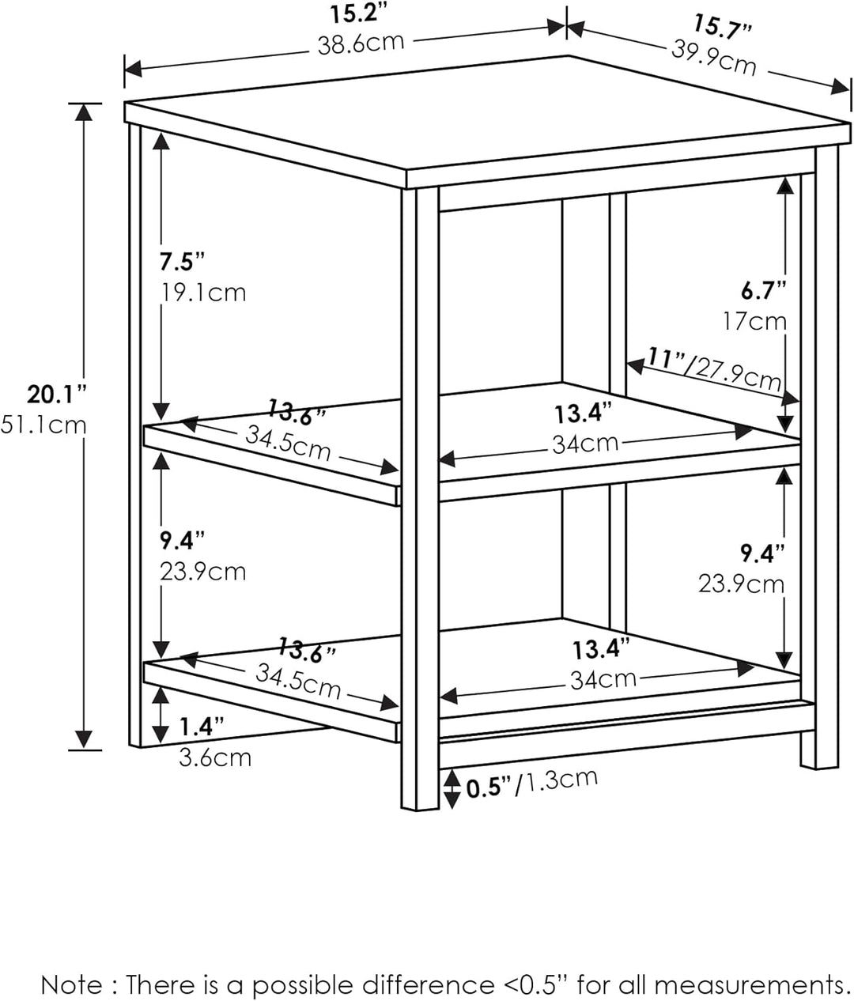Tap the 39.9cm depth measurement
(x=714, y=58)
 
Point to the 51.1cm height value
(x=44, y=425)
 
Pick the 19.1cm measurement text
(x=203, y=293)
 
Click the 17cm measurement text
(x=754, y=321)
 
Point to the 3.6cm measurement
(x=215, y=757)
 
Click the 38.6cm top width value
(x=361, y=43)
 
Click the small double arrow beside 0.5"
(x=451, y=789)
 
